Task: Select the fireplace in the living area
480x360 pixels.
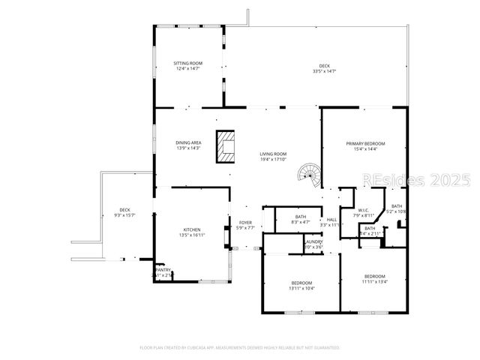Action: point(225,147)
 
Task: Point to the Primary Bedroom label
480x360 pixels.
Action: point(365,143)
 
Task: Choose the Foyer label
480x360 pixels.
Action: point(245,223)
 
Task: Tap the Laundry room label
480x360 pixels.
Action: point(314,241)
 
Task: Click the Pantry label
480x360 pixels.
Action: point(163,270)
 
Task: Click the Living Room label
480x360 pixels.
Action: point(274,154)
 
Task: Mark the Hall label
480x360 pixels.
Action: point(331,220)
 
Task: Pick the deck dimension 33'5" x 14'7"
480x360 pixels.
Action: point(324,71)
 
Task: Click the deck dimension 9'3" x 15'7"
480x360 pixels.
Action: point(124,215)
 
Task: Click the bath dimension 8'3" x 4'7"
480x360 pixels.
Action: point(289,222)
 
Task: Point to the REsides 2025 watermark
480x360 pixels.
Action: point(416,181)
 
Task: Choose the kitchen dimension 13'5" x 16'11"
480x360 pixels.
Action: point(193,235)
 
